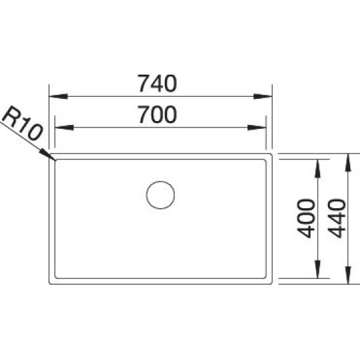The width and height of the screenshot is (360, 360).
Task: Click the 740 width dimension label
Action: [x=157, y=83]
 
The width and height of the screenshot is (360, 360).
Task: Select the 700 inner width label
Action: [x=157, y=114]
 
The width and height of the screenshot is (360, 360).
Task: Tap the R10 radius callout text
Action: [x=22, y=123]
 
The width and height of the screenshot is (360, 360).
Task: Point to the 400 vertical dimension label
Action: [x=306, y=219]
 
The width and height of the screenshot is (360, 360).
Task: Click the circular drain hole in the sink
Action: [x=160, y=195]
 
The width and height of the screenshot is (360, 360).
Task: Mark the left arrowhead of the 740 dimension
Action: [x=58, y=96]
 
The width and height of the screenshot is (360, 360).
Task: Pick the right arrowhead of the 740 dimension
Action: [x=262, y=96]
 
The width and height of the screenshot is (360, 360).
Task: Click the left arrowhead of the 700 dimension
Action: [x=64, y=128]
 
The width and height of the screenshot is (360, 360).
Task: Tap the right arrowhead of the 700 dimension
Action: [x=257, y=128]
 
